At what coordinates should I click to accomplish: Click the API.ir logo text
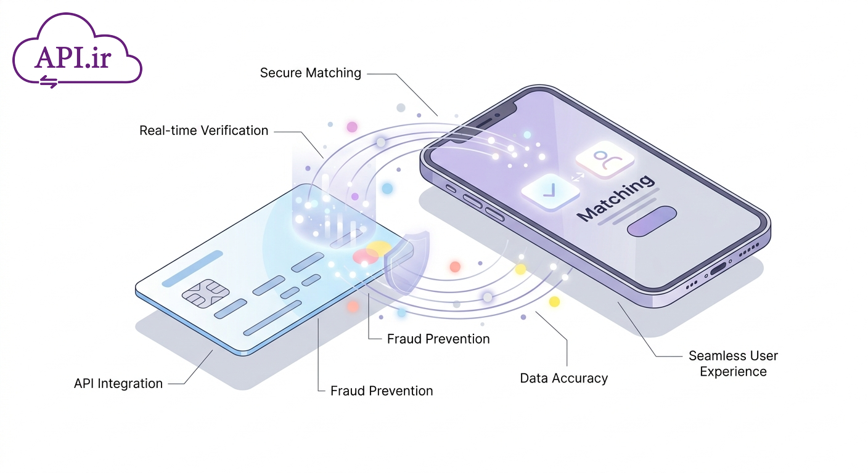[73, 58]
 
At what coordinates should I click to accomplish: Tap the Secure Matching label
[310, 73]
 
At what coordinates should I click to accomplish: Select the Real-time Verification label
[203, 131]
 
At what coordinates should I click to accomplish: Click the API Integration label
[118, 383]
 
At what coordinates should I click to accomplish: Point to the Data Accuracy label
[564, 378]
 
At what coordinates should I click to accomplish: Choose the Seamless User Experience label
[733, 363]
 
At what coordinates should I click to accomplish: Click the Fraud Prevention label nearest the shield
[438, 339]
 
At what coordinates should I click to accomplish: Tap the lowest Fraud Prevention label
[382, 391]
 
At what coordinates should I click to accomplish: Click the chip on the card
[206, 293]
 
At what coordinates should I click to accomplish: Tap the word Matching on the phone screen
[615, 198]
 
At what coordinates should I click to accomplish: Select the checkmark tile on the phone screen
[551, 192]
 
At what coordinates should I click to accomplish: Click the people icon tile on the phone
[605, 160]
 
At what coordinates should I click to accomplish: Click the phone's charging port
[718, 269]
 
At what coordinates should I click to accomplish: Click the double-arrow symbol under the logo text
[49, 82]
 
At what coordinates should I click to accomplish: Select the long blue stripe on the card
[192, 269]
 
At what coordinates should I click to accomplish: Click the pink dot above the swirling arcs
[352, 127]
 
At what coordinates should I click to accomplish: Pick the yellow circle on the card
[379, 248]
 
